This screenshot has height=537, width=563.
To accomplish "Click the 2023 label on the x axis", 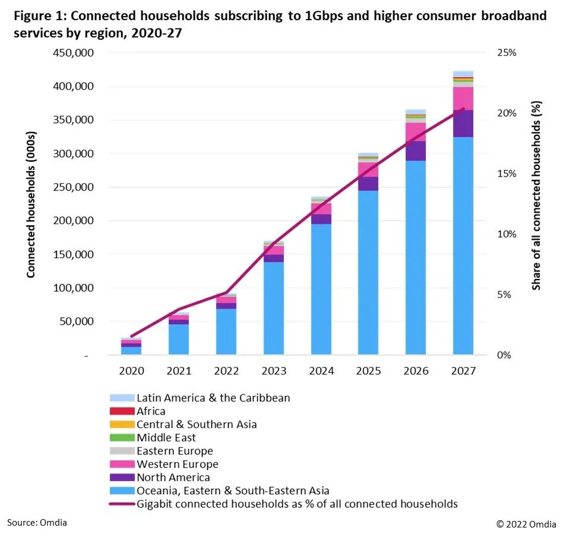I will tap(273, 371).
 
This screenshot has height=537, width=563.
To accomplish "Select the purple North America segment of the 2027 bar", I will tap(463, 124).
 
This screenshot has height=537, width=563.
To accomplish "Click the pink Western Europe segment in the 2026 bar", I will tap(416, 131).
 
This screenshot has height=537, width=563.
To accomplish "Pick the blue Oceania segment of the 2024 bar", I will tap(321, 289).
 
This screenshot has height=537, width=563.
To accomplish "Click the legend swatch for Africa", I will tap(122, 411).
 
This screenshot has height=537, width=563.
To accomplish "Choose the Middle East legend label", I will tap(166, 438).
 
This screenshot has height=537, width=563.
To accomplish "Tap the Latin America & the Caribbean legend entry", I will tap(213, 398).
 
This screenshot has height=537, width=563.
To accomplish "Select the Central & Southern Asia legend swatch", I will tap(122, 425).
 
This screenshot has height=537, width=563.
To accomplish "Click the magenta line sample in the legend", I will tap(122, 504).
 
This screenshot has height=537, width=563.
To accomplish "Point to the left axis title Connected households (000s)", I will tap(31, 205).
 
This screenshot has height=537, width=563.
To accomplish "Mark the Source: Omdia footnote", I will tap(37, 522).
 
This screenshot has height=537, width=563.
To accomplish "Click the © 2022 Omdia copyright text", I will tap(526, 524).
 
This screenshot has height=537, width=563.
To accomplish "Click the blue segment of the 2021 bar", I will tap(178, 340).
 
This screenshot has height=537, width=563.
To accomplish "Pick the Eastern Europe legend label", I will tap(175, 451).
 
